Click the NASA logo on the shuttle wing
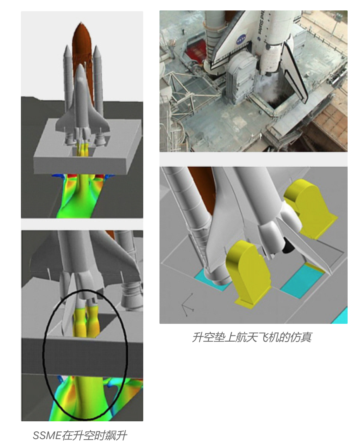(240, 41)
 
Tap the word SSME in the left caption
(47, 436)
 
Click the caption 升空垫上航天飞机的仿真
(252, 337)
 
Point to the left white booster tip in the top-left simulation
(67, 49)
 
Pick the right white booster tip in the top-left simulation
(97, 49)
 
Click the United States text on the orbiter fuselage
(261, 24)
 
